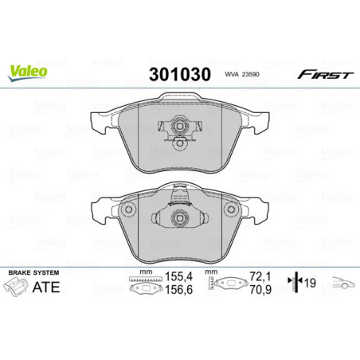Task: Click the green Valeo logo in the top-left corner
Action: [29, 72]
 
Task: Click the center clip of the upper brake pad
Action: [179, 127]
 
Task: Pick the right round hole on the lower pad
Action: [232, 211]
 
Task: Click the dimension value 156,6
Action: [162, 294]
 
